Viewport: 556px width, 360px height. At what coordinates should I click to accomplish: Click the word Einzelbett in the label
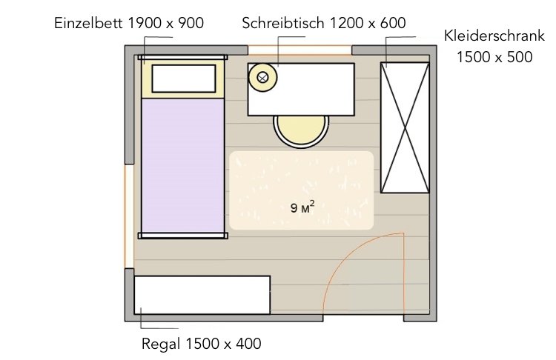click(x=89, y=23)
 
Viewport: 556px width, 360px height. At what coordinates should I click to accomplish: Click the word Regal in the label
click(x=161, y=344)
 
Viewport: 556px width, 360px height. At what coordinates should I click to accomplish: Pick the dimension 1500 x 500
click(x=494, y=57)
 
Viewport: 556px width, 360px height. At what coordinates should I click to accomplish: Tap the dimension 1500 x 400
click(x=222, y=344)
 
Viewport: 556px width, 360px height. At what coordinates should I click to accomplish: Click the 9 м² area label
click(x=302, y=207)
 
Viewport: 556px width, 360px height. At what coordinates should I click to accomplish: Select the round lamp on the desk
click(x=262, y=76)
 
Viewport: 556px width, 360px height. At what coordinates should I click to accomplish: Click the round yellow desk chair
click(x=300, y=131)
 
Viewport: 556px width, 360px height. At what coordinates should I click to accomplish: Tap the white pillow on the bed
click(x=183, y=78)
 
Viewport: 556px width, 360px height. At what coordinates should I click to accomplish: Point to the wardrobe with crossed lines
click(x=405, y=127)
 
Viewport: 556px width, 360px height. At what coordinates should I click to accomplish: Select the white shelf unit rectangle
click(x=202, y=295)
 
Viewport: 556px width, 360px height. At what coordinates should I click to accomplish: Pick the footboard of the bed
click(x=182, y=236)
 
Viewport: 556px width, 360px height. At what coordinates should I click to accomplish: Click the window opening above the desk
click(x=299, y=50)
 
